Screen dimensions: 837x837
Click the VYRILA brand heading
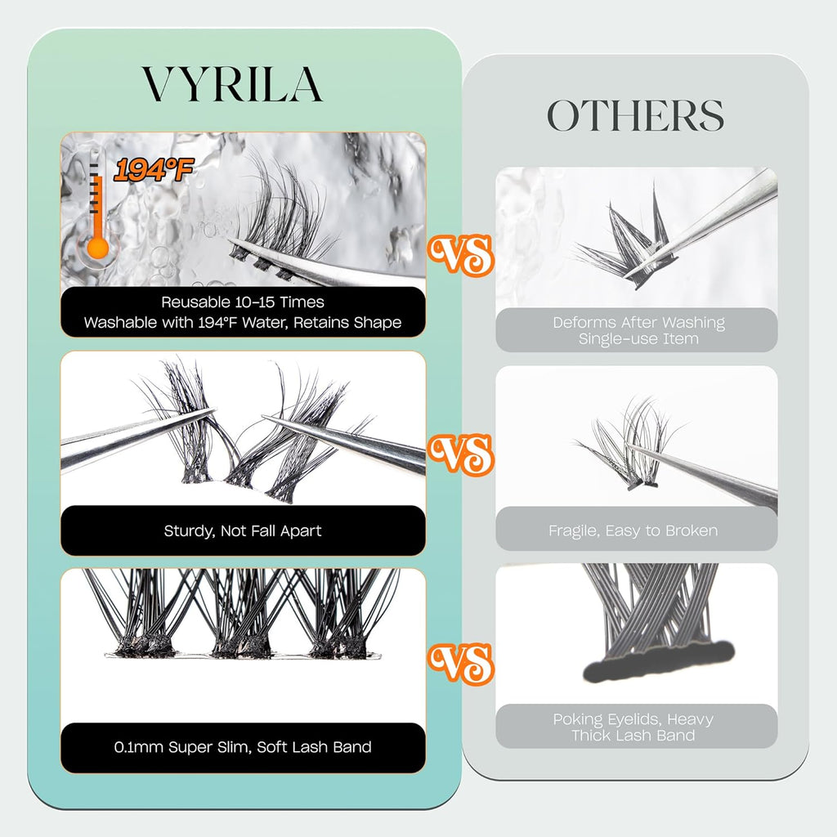tap(232, 83)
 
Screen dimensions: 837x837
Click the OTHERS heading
tap(635, 116)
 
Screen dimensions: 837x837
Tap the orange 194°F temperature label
tap(154, 170)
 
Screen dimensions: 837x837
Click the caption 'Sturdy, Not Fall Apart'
tap(243, 530)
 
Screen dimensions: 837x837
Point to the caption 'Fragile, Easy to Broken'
tap(633, 530)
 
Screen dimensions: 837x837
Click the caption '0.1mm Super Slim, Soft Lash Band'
tap(243, 746)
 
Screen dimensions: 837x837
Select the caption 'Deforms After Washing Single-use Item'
tap(638, 330)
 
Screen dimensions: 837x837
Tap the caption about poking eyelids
tap(633, 727)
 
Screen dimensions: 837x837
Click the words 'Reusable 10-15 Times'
tap(243, 302)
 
